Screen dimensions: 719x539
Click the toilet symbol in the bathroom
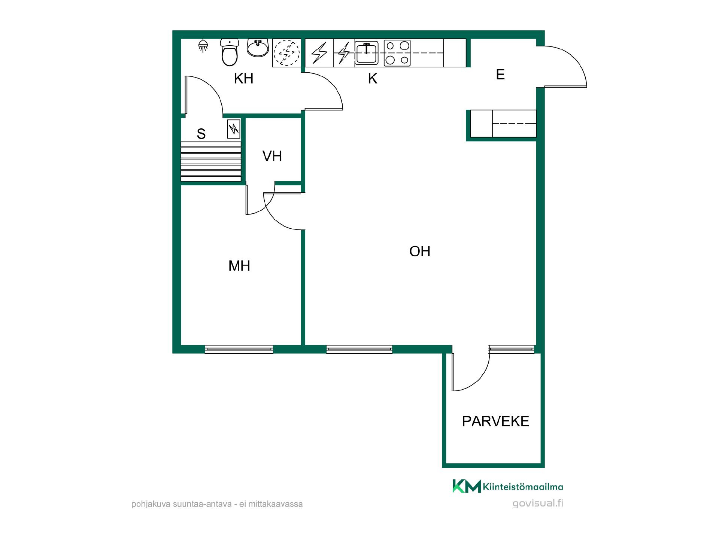[230, 52]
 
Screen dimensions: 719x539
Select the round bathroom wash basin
[258, 48]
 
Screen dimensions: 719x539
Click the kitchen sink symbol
[366, 53]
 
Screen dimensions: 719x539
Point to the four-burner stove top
[397, 53]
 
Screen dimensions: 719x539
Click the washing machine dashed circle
[287, 53]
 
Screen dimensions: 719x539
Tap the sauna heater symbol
[234, 129]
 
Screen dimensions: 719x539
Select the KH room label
[244, 79]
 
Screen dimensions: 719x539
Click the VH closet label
[272, 156]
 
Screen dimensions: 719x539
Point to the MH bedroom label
[239, 266]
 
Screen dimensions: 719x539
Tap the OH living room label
[420, 251]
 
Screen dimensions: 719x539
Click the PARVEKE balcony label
[495, 421]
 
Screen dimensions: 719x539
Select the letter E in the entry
[500, 74]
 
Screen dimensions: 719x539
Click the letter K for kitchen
[373, 79]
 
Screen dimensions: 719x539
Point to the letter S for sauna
[201, 134]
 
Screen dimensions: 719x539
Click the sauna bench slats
[211, 161]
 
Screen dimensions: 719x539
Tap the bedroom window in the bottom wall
[239, 349]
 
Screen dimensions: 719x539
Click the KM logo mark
[467, 486]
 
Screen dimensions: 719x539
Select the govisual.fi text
[538, 503]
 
